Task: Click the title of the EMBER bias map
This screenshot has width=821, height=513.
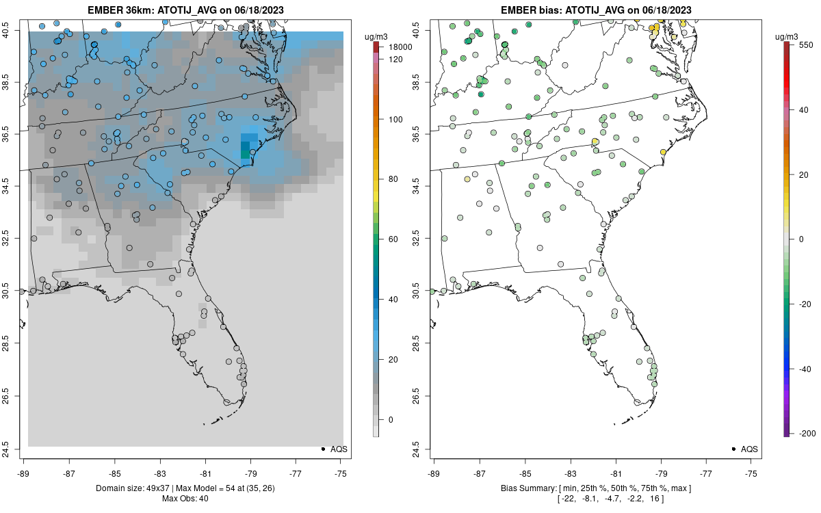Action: pyautogui.click(x=595, y=10)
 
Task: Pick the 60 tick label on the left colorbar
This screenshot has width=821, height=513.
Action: pyautogui.click(x=394, y=239)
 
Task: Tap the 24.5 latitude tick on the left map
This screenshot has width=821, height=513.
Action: pyautogui.click(x=14, y=449)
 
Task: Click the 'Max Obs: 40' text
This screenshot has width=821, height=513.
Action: pyautogui.click(x=185, y=499)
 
